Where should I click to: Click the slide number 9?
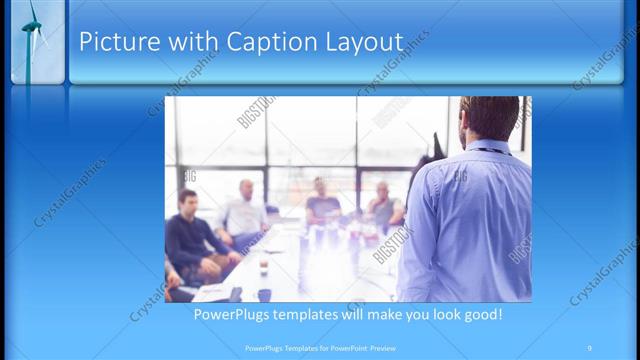coord(589,347)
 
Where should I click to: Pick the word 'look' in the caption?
coord(439,315)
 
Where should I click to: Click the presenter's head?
coord(489,116)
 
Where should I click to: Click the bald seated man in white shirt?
coord(244,211)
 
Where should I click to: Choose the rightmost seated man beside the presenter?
coord(383,206)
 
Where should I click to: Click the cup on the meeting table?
coord(264,267)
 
